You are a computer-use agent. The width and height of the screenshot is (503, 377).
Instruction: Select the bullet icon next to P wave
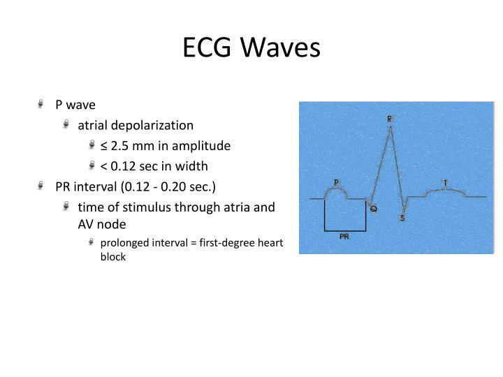pyautogui.click(x=44, y=105)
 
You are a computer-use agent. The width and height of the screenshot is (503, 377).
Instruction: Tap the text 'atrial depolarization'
pyautogui.click(x=136, y=126)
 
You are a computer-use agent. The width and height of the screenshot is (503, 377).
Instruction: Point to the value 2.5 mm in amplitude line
pyautogui.click(x=130, y=146)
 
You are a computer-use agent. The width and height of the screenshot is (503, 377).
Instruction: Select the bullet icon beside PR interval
pyautogui.click(x=44, y=187)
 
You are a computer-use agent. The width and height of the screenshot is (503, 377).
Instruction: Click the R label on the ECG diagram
pyautogui.click(x=390, y=119)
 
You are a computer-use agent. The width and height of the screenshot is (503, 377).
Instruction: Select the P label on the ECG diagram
pyautogui.click(x=336, y=182)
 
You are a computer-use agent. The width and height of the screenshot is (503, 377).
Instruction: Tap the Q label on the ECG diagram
pyautogui.click(x=374, y=209)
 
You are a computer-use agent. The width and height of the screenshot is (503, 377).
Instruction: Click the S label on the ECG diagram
pyautogui.click(x=402, y=218)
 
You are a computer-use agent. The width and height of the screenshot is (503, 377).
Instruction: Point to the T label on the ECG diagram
pyautogui.click(x=445, y=183)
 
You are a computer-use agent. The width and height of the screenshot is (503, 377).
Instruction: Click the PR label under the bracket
pyautogui.click(x=344, y=237)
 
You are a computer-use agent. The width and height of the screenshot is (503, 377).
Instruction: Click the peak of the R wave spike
pyautogui.click(x=391, y=127)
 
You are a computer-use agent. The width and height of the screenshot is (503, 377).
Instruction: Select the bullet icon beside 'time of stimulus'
pyautogui.click(x=66, y=207)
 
